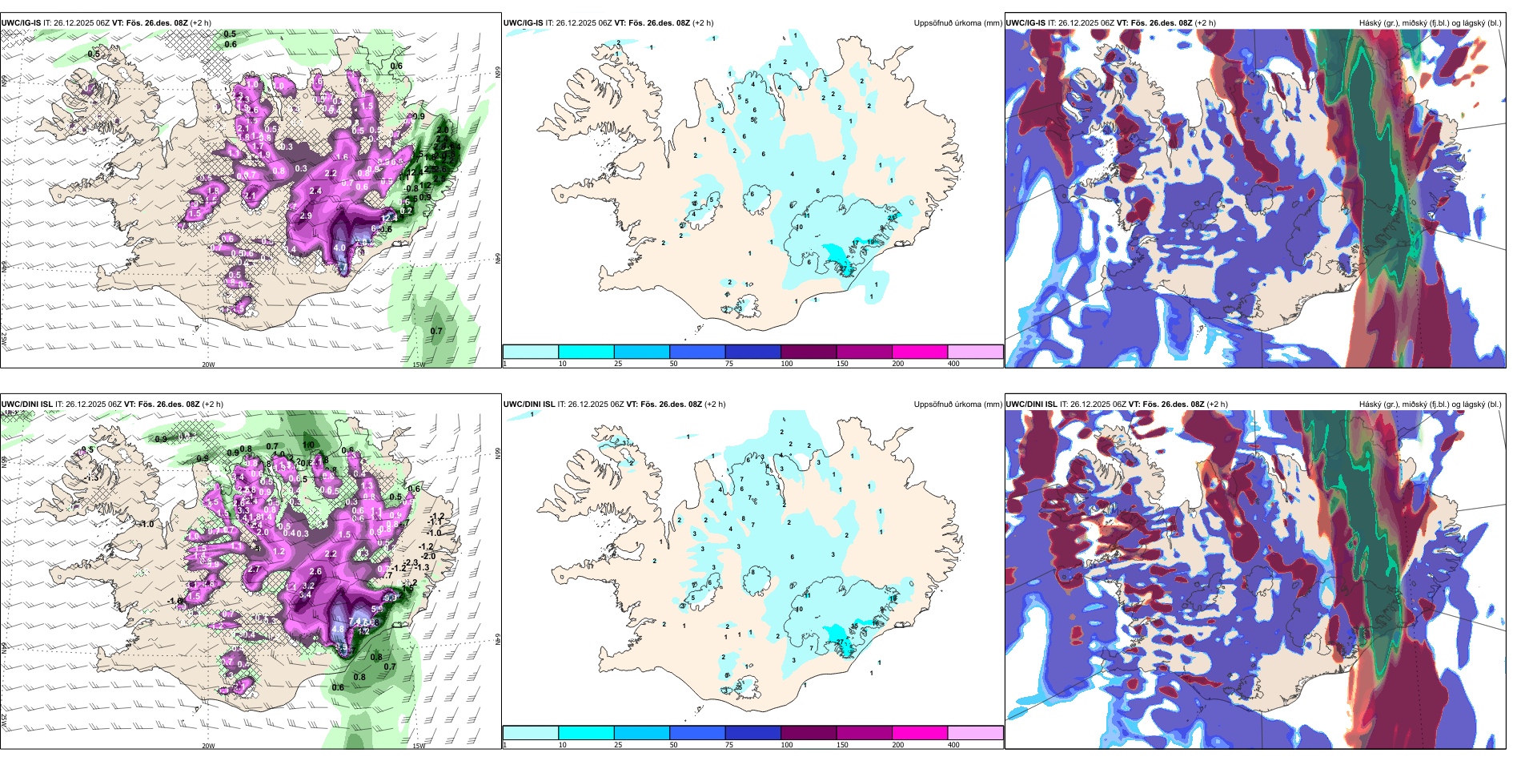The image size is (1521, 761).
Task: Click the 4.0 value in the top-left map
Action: (x=339, y=248)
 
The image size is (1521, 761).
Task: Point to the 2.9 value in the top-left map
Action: (x=306, y=216)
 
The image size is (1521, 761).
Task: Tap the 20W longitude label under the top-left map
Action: (x=208, y=364)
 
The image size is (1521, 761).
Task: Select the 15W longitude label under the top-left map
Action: (x=418, y=364)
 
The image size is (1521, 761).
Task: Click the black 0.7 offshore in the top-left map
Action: (x=436, y=331)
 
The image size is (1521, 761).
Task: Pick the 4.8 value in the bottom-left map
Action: (x=338, y=630)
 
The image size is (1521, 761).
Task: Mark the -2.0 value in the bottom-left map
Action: (x=428, y=556)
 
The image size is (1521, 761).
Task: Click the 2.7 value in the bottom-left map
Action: (x=254, y=570)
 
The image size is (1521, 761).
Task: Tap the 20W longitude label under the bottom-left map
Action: (x=208, y=746)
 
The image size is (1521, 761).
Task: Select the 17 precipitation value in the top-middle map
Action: (x=856, y=243)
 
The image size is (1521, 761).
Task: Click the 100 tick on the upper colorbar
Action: (x=787, y=364)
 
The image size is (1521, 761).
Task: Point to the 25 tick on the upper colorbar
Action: (x=618, y=364)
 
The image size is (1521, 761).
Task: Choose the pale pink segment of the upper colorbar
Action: (x=975, y=352)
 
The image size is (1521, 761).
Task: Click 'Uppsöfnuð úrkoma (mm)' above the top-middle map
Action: (x=957, y=23)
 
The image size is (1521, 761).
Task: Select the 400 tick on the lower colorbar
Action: (x=953, y=745)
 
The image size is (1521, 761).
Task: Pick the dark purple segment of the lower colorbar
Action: (x=809, y=733)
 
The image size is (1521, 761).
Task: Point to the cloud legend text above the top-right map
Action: (x=1430, y=23)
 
